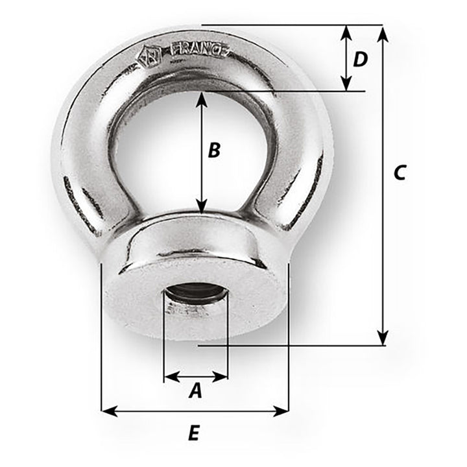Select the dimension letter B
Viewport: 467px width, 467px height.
point(214,150)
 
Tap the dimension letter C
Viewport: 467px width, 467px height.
point(400,173)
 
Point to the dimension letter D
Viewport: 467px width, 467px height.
point(360,59)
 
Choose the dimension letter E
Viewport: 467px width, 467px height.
point(193,433)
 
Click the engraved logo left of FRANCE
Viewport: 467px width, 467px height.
point(147,56)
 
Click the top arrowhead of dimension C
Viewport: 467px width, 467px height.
point(383,32)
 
